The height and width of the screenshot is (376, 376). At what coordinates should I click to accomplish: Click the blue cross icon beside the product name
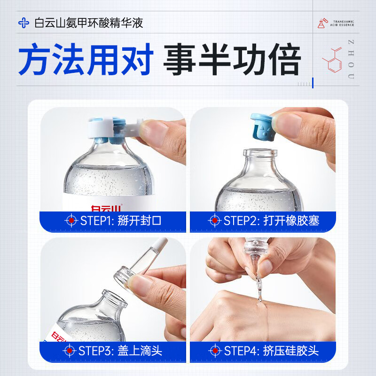[23, 23]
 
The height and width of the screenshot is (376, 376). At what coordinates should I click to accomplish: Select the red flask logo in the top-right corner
[322, 24]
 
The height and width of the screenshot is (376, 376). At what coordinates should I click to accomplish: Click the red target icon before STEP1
[71, 220]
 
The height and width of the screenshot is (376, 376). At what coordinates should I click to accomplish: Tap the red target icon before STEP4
[215, 351]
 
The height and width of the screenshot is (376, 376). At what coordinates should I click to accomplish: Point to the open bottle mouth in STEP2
[260, 154]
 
